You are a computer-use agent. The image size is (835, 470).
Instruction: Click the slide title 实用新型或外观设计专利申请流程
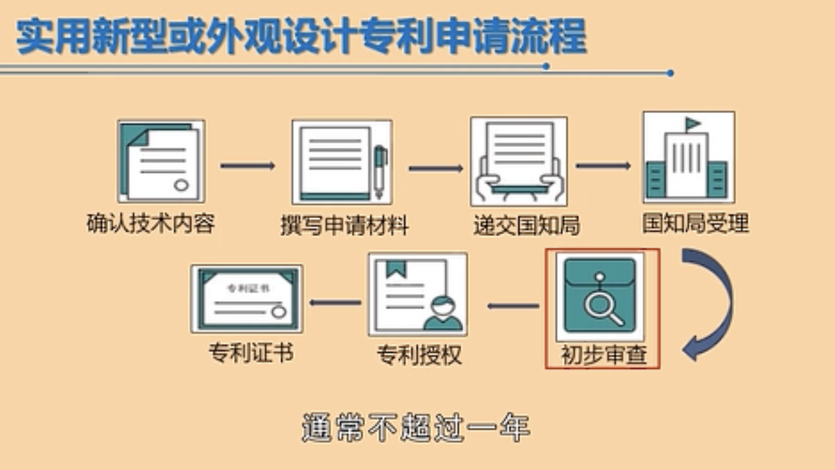[301, 37]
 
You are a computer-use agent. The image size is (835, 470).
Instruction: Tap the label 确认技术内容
[151, 223]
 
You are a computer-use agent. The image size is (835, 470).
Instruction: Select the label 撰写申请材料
[344, 225]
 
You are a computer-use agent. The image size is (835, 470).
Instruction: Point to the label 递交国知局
[526, 225]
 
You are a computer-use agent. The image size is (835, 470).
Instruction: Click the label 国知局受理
[695, 223]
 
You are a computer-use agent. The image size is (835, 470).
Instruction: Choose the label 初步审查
[604, 355]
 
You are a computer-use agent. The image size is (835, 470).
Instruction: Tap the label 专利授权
[419, 355]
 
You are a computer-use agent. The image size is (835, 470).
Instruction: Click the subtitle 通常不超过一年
[416, 428]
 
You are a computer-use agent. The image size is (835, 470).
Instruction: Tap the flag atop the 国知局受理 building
[693, 123]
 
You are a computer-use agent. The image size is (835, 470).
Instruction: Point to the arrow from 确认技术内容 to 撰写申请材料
[247, 166]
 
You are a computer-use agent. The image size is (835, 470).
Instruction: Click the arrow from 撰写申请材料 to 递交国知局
[435, 168]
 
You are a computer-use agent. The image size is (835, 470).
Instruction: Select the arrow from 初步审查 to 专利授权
[513, 306]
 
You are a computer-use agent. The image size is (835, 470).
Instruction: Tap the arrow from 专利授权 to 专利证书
[335, 302]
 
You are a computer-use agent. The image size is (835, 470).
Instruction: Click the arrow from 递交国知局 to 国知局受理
[603, 166]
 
